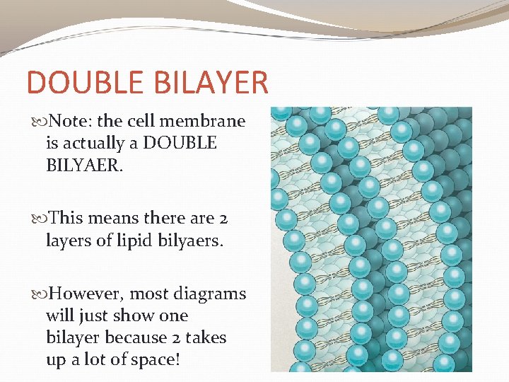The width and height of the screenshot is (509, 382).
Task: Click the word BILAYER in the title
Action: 211,83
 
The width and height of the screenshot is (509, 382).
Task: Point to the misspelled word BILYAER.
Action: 81,165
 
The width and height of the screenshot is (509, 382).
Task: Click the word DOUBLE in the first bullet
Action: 180,143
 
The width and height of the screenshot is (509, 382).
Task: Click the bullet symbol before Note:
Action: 40,122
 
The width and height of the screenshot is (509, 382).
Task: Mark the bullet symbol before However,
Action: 40,294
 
